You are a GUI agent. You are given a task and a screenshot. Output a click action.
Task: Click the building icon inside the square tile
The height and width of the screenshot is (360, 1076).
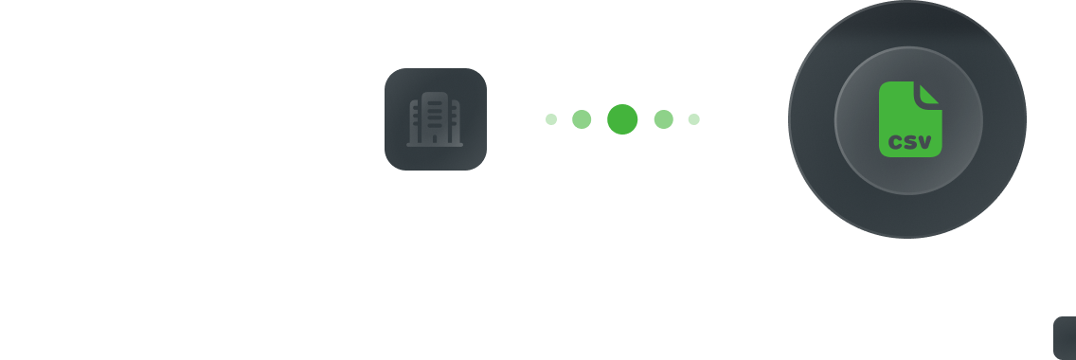pyautogui.click(x=435, y=119)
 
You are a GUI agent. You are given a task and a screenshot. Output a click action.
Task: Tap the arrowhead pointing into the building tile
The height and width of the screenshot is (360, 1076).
pyautogui.click(x=377, y=119)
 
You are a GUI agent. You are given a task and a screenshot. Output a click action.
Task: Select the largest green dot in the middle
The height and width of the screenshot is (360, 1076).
pyautogui.click(x=622, y=119)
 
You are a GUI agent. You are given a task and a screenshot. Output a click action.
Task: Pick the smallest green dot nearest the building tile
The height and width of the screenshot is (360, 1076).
pyautogui.click(x=551, y=119)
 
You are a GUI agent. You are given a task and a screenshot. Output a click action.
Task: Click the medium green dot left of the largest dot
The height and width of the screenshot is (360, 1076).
pyautogui.click(x=582, y=119)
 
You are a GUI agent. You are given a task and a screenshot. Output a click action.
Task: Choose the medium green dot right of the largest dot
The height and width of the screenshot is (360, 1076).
pyautogui.click(x=664, y=119)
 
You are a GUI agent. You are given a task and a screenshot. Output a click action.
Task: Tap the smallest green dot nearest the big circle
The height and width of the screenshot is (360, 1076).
pyautogui.click(x=694, y=119)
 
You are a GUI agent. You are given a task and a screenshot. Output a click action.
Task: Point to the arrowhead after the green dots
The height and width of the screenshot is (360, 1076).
pyautogui.click(x=780, y=119)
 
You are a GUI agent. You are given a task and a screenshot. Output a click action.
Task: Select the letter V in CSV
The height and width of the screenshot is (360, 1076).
pyautogui.click(x=925, y=145)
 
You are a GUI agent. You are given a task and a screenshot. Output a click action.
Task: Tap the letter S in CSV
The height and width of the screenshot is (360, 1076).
pyautogui.click(x=910, y=145)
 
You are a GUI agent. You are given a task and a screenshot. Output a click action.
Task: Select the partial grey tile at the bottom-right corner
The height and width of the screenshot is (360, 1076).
pyautogui.click(x=1066, y=338)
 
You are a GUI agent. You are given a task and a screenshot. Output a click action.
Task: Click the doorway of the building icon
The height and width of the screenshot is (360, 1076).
pyautogui.click(x=435, y=139)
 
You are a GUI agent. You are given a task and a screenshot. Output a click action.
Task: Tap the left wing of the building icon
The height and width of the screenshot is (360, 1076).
pyautogui.click(x=414, y=123)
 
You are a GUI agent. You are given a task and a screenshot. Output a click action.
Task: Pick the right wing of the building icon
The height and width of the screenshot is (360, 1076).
pyautogui.click(x=456, y=123)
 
